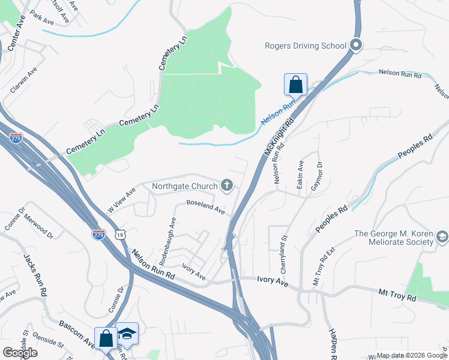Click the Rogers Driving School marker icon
click(x=356, y=46)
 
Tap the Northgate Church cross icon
click(x=227, y=186)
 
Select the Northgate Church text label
click(x=184, y=186)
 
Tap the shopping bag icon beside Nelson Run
click(x=296, y=85)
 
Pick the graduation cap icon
click(x=127, y=334)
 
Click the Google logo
click(x=20, y=353)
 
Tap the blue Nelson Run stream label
click(x=279, y=113)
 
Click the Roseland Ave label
click(x=206, y=208)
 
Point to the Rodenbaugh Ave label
click(x=167, y=241)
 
